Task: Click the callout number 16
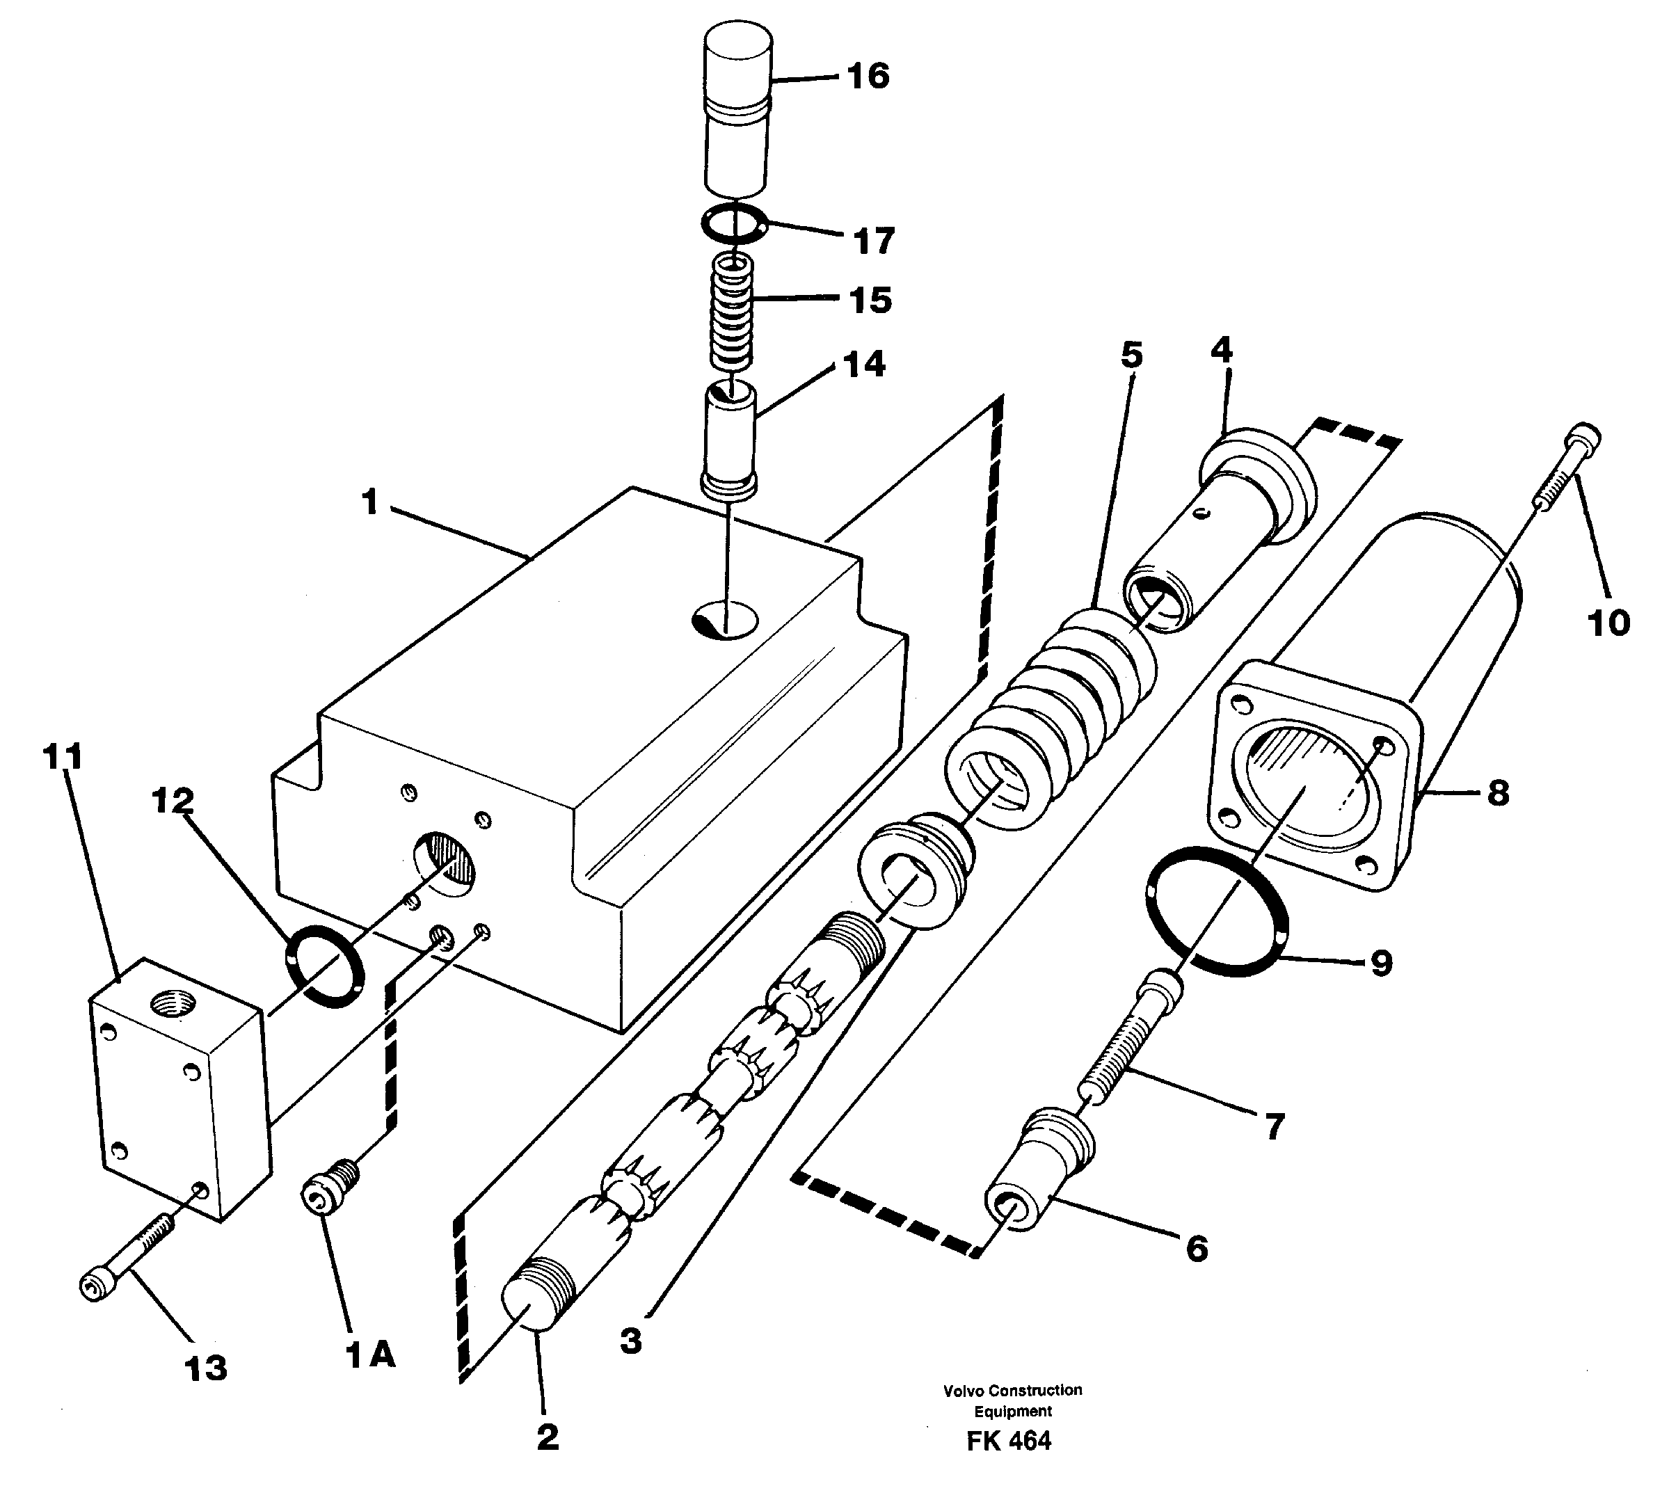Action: (x=867, y=76)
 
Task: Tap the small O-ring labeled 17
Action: (x=733, y=225)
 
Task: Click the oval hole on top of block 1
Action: (x=724, y=621)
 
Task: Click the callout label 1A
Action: (x=370, y=1355)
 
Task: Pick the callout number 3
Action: (x=630, y=1341)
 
